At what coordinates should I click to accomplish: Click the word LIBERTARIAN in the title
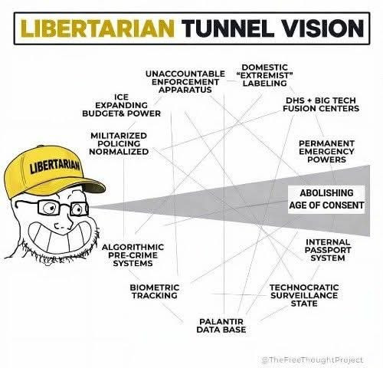point(97,28)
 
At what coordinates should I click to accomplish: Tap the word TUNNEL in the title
point(228,28)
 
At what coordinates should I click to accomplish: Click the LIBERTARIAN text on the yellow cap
point(55,166)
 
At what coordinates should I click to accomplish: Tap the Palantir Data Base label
point(221,325)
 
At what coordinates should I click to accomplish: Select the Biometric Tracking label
point(155,291)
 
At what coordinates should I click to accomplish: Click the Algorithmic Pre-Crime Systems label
point(133,255)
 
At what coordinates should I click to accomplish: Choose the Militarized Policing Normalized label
point(119,143)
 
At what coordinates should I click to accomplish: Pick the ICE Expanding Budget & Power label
point(122,105)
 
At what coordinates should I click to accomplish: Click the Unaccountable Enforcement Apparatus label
point(185,81)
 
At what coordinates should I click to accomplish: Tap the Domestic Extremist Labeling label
point(264,75)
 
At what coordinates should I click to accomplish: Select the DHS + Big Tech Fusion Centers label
point(321,104)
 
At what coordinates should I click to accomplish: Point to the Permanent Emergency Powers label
point(327,151)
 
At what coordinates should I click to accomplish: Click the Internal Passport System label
point(328,250)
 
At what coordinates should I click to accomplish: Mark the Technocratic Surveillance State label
point(304,295)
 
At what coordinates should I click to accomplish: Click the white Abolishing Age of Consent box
point(326,199)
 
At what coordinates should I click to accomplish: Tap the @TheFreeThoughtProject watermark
point(313,360)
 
